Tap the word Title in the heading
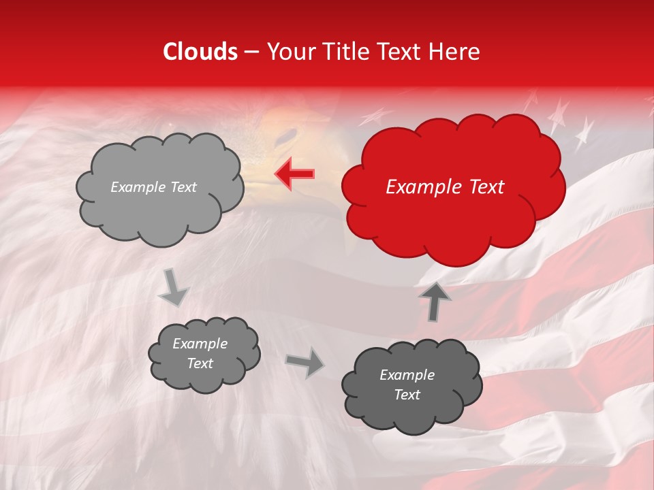pyautogui.click(x=353, y=52)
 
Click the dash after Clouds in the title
pyautogui.click(x=251, y=52)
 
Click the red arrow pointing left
pyautogui.click(x=294, y=174)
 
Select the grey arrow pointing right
pyautogui.click(x=305, y=363)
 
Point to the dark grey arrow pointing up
pyautogui.click(x=435, y=300)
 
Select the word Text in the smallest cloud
pyautogui.click(x=200, y=363)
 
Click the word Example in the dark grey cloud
pyautogui.click(x=407, y=375)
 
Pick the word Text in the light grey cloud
pyautogui.click(x=183, y=187)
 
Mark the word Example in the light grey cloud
pyautogui.click(x=137, y=187)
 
